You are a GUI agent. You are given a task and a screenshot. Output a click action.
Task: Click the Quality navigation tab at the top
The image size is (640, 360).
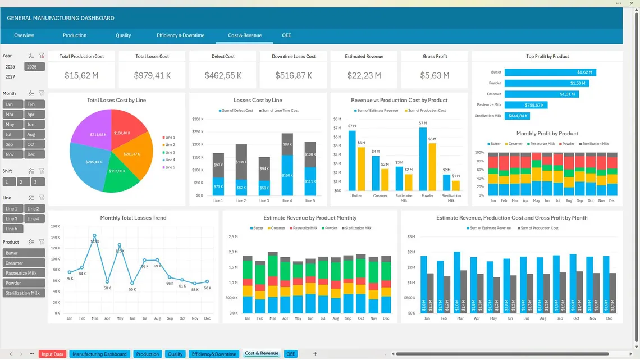point(123,35)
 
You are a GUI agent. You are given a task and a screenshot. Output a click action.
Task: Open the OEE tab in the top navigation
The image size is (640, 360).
point(286,35)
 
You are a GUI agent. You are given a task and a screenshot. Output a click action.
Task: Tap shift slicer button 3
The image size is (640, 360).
point(38,182)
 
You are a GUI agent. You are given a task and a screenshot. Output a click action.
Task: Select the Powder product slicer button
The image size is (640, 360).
point(24,283)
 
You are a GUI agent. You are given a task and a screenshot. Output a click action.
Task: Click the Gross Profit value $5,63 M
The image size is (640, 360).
point(435,75)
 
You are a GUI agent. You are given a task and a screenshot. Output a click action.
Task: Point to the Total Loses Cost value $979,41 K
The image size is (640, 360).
point(152,75)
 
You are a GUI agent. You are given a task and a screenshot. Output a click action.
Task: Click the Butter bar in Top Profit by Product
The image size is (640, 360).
point(550,72)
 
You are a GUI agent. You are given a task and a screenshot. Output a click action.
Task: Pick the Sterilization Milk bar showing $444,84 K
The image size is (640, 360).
point(517,116)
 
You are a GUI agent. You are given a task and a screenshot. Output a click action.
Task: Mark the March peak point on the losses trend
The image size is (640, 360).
point(94,236)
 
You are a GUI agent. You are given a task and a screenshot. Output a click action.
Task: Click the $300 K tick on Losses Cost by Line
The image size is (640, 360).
point(198,119)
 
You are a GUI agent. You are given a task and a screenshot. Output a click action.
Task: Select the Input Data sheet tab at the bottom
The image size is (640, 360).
point(53,354)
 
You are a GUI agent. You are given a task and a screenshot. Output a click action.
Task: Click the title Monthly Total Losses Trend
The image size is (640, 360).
point(133,218)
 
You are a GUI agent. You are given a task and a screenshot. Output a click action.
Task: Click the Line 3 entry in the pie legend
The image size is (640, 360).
point(170,152)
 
